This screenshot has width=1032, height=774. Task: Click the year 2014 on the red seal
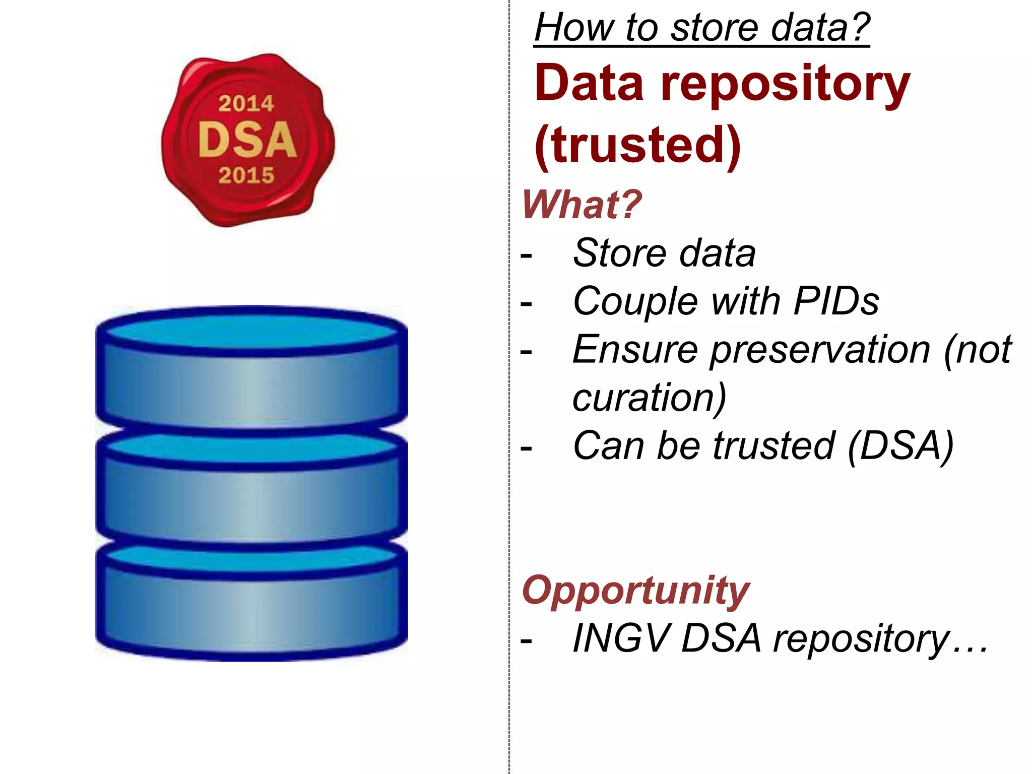click(x=246, y=104)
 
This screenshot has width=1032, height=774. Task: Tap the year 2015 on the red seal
click(x=246, y=175)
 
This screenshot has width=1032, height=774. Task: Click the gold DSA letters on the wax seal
click(x=247, y=140)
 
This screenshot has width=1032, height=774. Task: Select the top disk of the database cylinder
click(x=251, y=373)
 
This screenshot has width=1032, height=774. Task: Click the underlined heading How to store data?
click(x=702, y=27)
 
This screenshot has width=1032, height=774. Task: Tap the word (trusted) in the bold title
click(x=638, y=145)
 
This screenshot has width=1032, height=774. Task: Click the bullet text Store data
click(x=664, y=253)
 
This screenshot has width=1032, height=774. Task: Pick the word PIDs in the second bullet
click(x=836, y=301)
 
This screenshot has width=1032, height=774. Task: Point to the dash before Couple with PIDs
click(x=526, y=303)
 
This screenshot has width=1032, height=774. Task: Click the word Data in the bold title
click(x=589, y=84)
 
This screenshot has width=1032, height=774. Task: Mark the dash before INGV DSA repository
click(x=526, y=640)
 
